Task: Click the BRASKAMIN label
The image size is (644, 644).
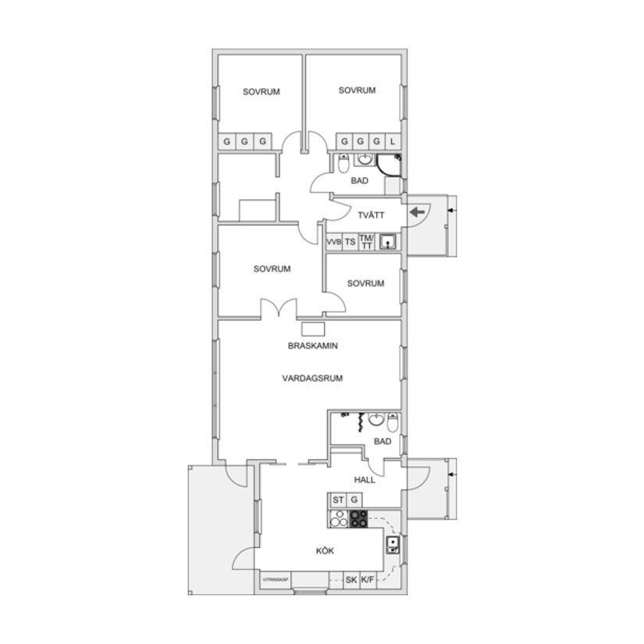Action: coord(312,345)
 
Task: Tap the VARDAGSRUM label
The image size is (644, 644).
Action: coord(312,378)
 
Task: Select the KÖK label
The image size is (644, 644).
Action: coord(325,551)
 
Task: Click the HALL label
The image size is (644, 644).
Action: coord(365,479)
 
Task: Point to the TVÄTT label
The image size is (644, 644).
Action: coord(371,215)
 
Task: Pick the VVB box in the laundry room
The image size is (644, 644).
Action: coord(334,242)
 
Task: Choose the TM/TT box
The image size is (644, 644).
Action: coord(367,242)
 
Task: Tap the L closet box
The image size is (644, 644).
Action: coord(393,142)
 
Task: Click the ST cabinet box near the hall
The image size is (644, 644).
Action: coord(338,500)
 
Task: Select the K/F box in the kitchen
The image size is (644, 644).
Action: coord(368,581)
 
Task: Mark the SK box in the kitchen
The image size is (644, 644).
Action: coord(351,581)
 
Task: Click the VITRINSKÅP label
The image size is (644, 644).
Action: coord(276,580)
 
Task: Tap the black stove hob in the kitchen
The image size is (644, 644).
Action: coord(358,518)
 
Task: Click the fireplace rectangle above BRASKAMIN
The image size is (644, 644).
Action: coord(313,329)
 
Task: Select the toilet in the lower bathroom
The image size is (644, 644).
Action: coord(393,424)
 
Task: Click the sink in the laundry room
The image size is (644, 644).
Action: coord(387,242)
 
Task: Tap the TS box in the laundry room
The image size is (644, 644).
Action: coord(350,242)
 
